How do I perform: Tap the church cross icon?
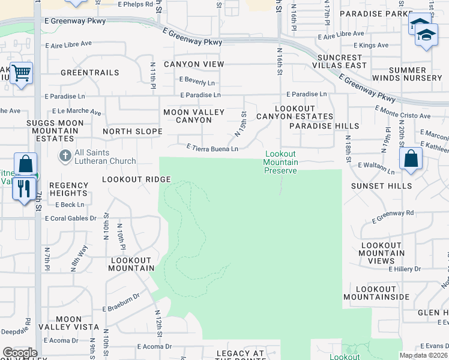[x=64, y=156]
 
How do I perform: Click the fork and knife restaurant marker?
[x=24, y=190]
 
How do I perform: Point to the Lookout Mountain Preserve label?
[x=280, y=162]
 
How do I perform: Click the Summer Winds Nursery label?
[x=406, y=74]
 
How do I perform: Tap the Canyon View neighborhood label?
[x=194, y=64]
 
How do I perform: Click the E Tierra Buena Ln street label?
[x=212, y=148]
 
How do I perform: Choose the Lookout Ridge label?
[x=136, y=179]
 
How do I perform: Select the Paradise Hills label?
[x=324, y=126]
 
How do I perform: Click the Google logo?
[x=20, y=353]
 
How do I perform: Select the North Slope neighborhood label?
[x=132, y=131]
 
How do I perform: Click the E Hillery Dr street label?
[x=405, y=268]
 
